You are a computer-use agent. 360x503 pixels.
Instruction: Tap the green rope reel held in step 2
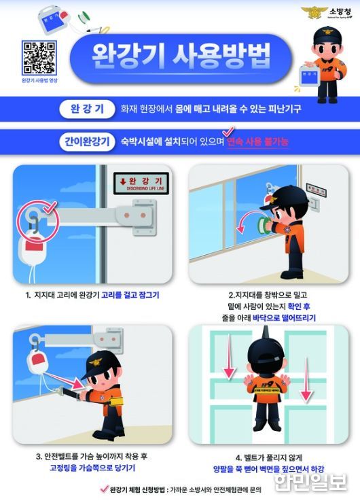pyautogui.click(x=260, y=224)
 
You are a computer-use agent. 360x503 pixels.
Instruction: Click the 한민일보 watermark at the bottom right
pyautogui.click(x=309, y=482)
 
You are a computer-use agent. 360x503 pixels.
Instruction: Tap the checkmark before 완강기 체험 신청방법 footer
pyautogui.click(x=104, y=488)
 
